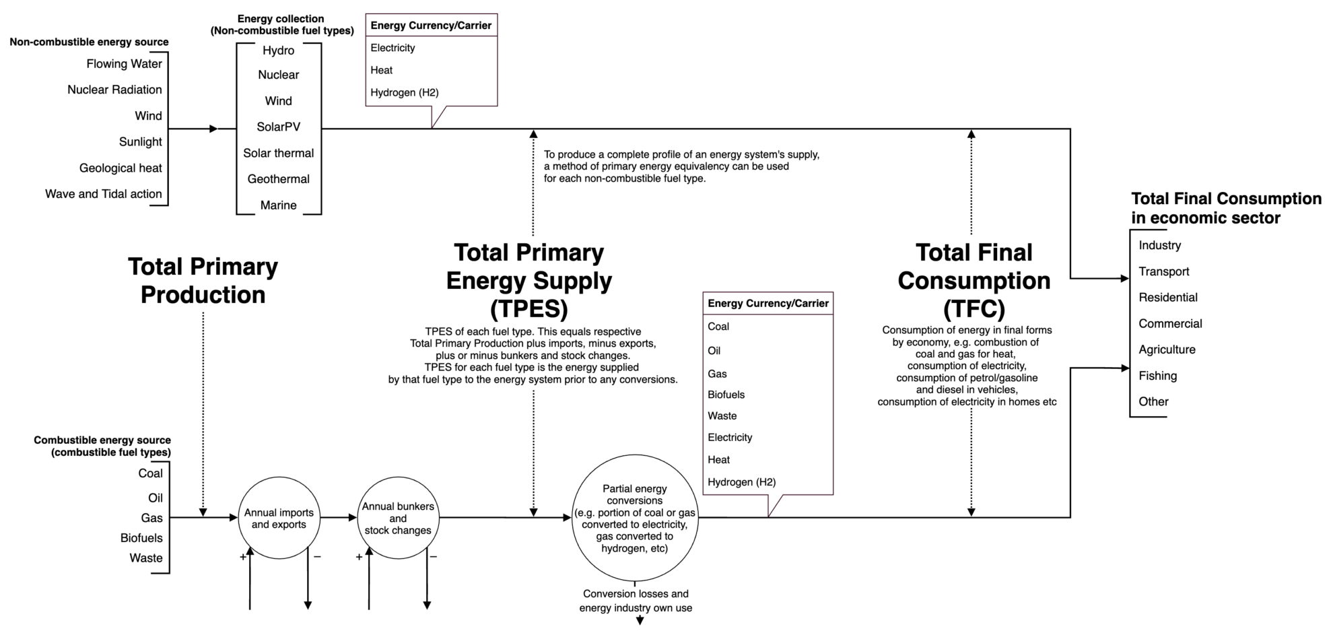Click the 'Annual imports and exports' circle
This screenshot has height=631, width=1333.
click(279, 518)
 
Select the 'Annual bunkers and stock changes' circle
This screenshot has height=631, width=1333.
click(398, 518)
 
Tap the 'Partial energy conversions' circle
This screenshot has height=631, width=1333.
click(635, 518)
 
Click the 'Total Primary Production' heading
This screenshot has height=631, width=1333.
click(203, 280)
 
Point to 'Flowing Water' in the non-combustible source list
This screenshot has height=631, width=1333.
click(124, 64)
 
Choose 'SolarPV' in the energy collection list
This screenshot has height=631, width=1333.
click(278, 127)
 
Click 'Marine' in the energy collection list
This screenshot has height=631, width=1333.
click(278, 205)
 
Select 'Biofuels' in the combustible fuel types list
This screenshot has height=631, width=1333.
click(141, 538)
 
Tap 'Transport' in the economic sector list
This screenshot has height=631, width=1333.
click(1163, 271)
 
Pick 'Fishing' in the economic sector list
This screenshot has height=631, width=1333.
click(1157, 376)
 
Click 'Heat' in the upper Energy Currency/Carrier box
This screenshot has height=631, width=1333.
click(381, 70)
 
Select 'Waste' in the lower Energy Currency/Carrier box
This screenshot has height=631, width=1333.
click(722, 416)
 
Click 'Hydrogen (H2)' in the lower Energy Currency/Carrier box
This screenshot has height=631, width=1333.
click(741, 482)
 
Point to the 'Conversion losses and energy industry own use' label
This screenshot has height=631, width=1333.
click(636, 601)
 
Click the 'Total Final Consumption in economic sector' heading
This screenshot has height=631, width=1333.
click(1225, 208)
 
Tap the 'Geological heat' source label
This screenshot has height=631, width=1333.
click(121, 168)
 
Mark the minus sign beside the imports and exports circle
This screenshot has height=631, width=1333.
click(317, 557)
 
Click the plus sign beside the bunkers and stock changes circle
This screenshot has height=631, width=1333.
click(359, 557)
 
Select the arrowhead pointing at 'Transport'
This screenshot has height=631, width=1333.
click(1124, 278)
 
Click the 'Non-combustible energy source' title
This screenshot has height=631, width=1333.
click(89, 42)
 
